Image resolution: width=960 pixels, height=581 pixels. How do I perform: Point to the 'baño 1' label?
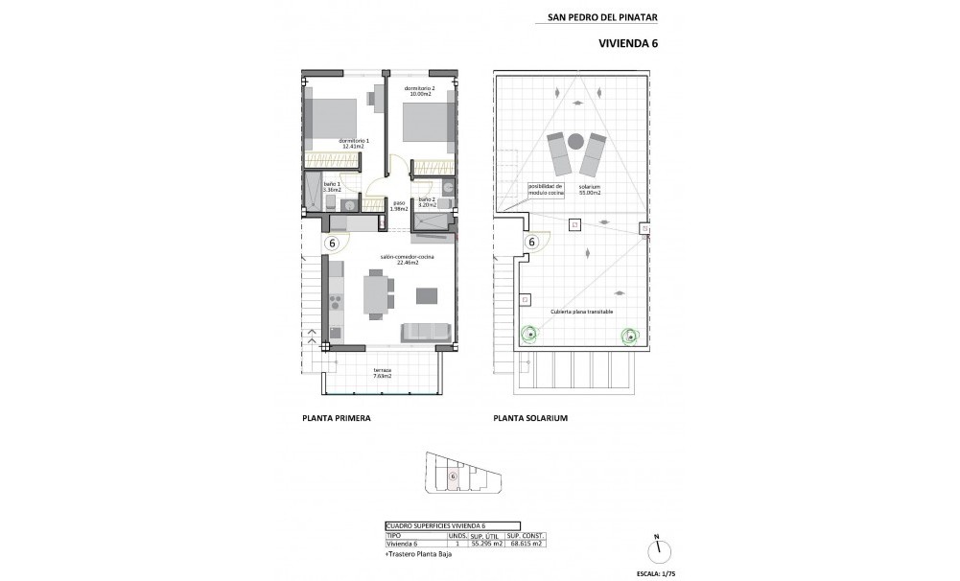click(331, 187)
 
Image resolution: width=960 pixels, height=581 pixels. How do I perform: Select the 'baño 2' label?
click(427, 201)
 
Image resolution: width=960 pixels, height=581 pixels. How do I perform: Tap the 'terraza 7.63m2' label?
click(382, 373)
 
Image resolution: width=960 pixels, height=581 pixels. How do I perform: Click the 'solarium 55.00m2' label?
click(589, 191)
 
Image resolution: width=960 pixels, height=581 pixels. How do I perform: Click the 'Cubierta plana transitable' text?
click(582, 313)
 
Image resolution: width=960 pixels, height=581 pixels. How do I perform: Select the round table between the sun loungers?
click(575, 141)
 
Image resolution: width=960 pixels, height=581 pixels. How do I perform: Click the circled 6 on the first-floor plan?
click(333, 243)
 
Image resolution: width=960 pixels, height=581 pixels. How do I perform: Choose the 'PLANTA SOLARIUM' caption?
click(530, 419)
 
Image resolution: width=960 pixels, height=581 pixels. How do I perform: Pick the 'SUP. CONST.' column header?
click(527, 535)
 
